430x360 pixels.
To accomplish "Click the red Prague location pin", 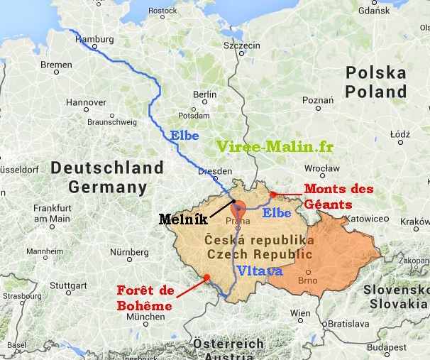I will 238,210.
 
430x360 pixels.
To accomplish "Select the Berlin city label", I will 205,94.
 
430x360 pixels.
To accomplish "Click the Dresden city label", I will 216,172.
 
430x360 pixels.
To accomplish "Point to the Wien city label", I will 300,312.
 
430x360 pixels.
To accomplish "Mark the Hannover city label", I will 86,102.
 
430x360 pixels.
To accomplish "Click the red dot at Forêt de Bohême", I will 206,278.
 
